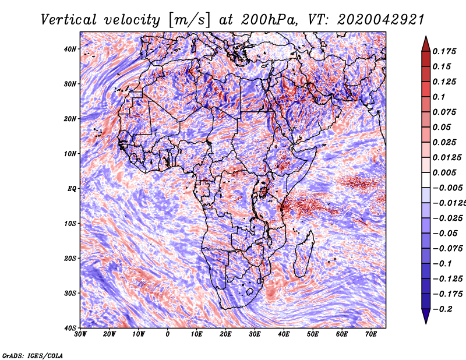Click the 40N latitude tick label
pyautogui.click(x=70, y=49)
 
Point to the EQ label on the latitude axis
pyautogui.click(x=72, y=188)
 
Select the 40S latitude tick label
pyautogui.click(x=70, y=328)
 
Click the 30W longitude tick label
pyautogui.click(x=80, y=334)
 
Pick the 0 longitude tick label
pyautogui.click(x=168, y=334)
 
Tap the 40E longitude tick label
pyautogui.click(x=284, y=334)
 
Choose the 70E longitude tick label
pyautogui.click(x=371, y=334)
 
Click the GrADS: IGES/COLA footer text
pyautogui.click(x=32, y=355)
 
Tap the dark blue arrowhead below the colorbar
pyautogui.click(x=426, y=317)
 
